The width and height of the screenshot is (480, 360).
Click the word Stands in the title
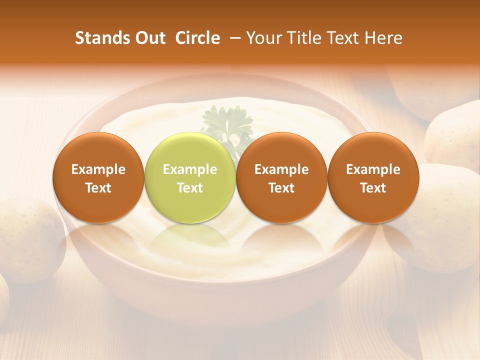pos(100,38)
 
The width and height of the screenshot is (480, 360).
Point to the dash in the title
pos(233,38)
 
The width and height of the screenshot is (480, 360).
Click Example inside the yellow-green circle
pos(190,169)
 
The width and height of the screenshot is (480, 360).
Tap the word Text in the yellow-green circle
pos(190,188)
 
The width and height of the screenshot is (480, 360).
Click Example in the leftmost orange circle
pos(98,169)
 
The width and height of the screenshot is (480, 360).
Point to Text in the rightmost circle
pos(373,188)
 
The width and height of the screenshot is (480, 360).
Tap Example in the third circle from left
pos(281,169)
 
